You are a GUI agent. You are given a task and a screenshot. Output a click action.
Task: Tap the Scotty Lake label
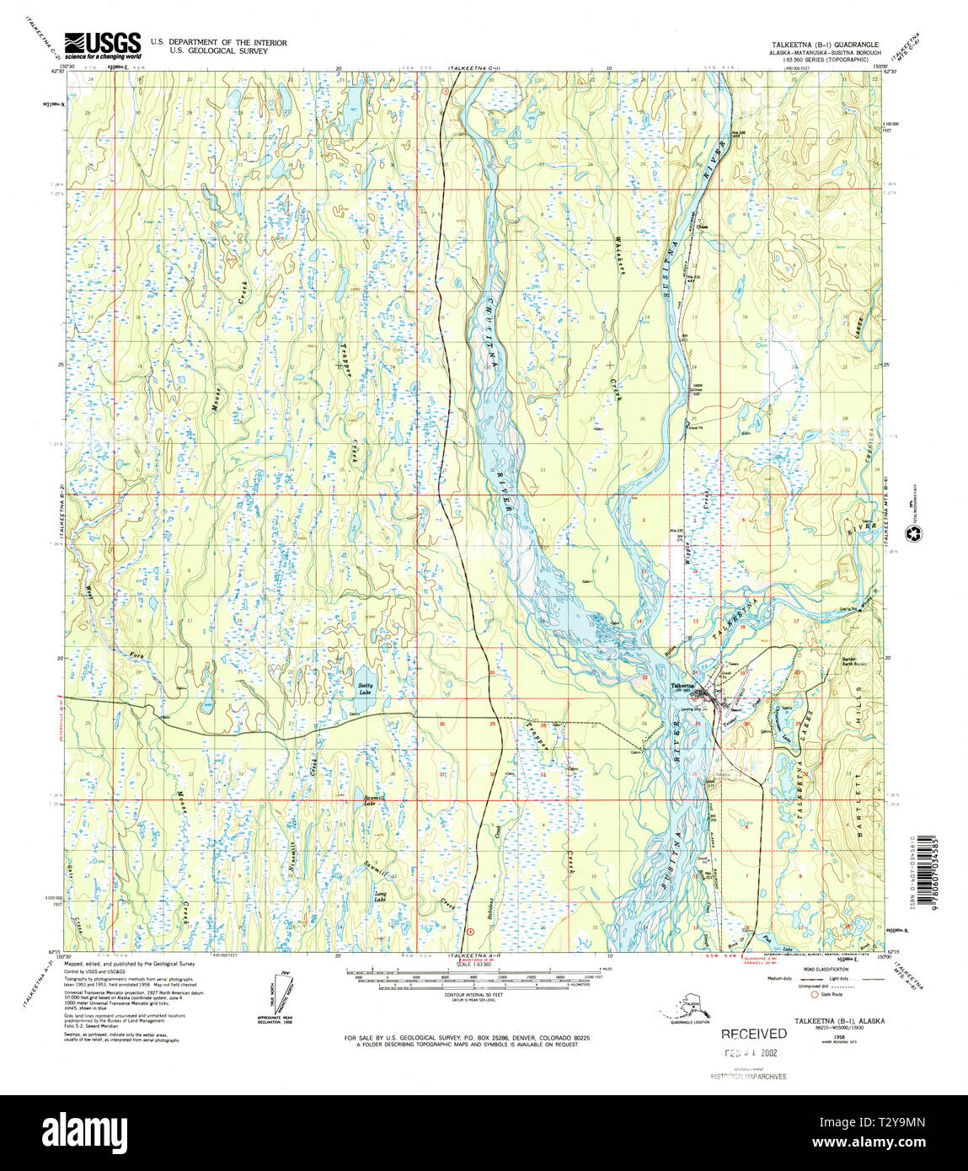click(365, 689)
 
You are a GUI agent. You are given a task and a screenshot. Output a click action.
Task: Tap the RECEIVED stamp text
click(753, 1034)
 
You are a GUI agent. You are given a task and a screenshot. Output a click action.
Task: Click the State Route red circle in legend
click(814, 995)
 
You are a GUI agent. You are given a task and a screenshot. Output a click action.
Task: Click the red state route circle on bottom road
click(469, 931)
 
